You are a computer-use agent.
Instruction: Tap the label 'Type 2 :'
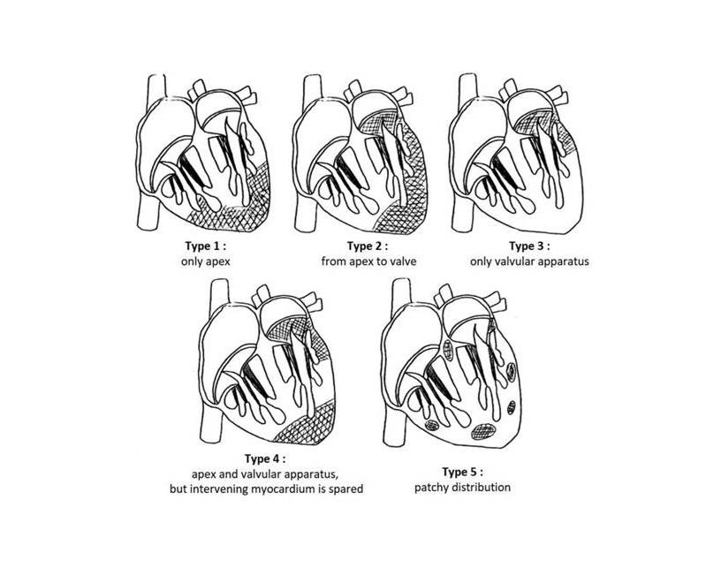click(x=368, y=246)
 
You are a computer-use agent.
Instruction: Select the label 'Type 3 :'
click(x=530, y=246)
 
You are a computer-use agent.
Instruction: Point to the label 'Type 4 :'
click(x=265, y=458)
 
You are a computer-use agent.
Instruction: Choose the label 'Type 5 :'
click(x=463, y=472)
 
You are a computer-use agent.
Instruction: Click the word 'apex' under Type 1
click(x=218, y=262)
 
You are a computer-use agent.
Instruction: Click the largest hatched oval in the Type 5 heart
click(x=483, y=431)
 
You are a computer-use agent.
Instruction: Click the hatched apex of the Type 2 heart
click(x=400, y=216)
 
